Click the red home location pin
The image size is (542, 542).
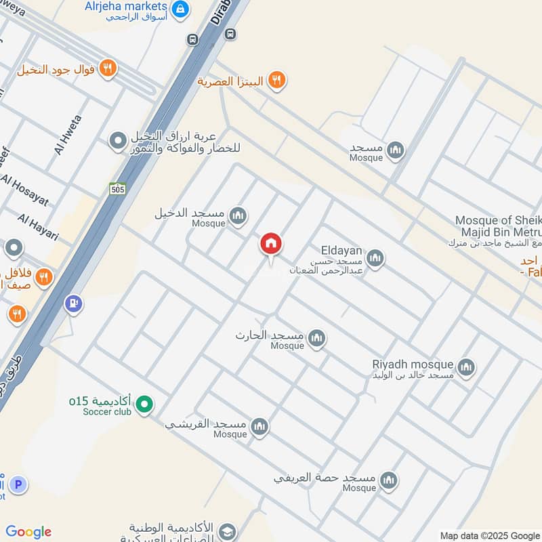click(271, 245)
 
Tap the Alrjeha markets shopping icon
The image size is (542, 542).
click(180, 9)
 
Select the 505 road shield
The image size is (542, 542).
click(118, 190)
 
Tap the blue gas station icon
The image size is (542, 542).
click(73, 304)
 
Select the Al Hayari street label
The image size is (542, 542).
click(39, 227)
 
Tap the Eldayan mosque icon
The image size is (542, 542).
click(375, 257)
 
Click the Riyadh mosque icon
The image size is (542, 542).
click(465, 368)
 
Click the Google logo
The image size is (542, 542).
click(28, 532)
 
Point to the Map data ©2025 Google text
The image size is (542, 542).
click(490, 535)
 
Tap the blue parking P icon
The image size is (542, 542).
click(18, 485)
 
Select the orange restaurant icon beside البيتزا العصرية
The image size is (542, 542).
click(276, 81)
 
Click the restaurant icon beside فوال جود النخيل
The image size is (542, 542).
click(107, 68)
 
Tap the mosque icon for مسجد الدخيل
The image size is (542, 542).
click(237, 216)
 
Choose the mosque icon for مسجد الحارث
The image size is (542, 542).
click(316, 338)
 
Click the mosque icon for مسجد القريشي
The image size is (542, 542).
click(259, 427)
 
